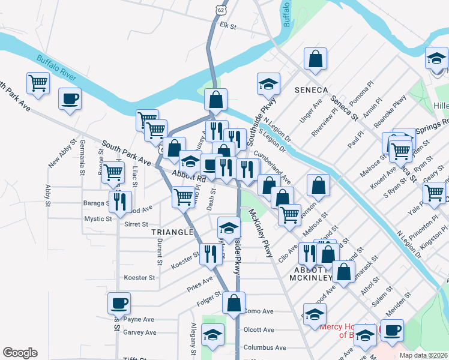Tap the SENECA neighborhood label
tap(311, 90)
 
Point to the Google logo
tap(20, 353)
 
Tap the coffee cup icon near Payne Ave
tap(119, 303)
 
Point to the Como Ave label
tap(259, 311)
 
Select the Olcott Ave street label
tap(259, 329)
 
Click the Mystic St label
tap(98, 219)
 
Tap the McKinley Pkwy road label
tap(262, 230)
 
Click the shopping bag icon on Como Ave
tap(234, 303)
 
